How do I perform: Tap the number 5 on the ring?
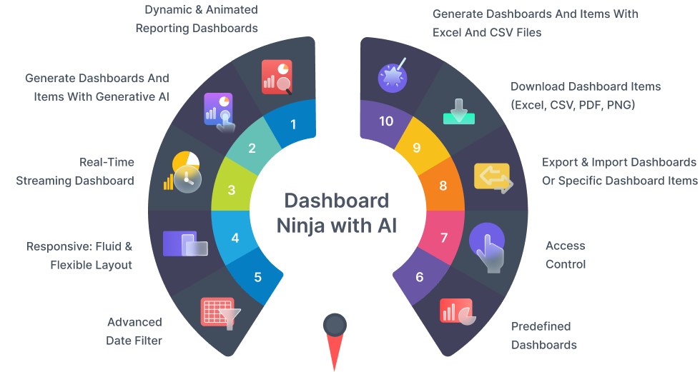pos(258,277)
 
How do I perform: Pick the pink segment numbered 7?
pos(443,237)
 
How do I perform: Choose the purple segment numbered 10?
pos(386,121)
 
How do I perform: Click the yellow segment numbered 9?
pos(418,148)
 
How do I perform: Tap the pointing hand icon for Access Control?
pos(488,247)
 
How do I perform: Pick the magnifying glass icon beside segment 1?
pos(284,86)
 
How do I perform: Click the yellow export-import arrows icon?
pos(493,177)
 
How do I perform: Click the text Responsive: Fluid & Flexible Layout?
pos(79,256)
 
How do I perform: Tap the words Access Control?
pos(565,255)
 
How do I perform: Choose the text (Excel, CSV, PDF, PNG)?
pos(573,105)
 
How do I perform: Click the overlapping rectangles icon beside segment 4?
pos(184,244)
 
